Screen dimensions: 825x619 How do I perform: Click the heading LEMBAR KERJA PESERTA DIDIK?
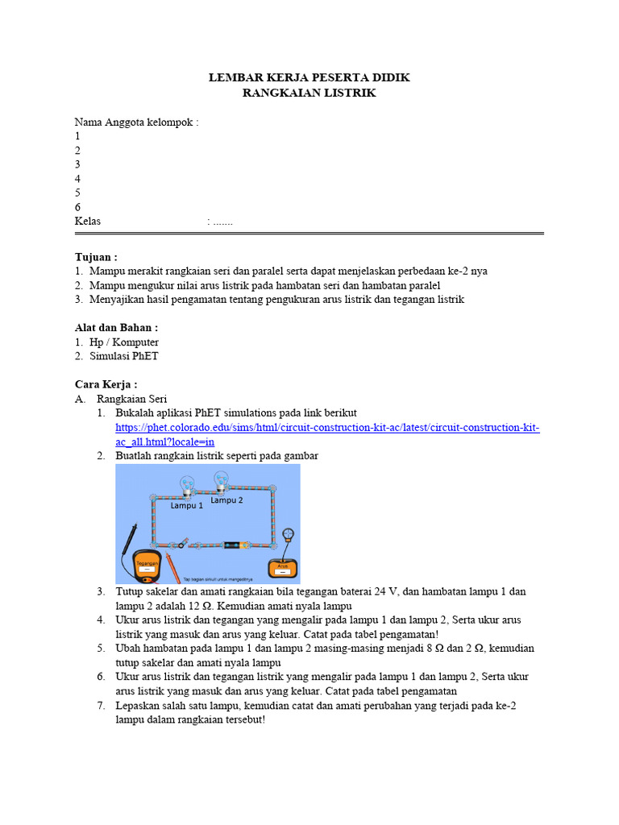[x=309, y=78]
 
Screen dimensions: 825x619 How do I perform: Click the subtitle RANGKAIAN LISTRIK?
[x=309, y=93]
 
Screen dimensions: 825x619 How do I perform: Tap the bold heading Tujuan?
[x=96, y=257]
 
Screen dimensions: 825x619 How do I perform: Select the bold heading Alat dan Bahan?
[x=116, y=328]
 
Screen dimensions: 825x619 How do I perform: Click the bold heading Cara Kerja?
[x=106, y=384]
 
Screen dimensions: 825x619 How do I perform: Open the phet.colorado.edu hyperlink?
[x=327, y=428]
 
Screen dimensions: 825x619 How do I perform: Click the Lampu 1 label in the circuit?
[x=186, y=507]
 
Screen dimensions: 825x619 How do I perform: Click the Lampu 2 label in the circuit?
[x=226, y=500]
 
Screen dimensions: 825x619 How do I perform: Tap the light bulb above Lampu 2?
[x=222, y=480]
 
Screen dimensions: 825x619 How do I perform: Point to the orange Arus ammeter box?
[x=283, y=568]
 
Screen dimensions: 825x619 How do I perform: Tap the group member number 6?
[x=78, y=207]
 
